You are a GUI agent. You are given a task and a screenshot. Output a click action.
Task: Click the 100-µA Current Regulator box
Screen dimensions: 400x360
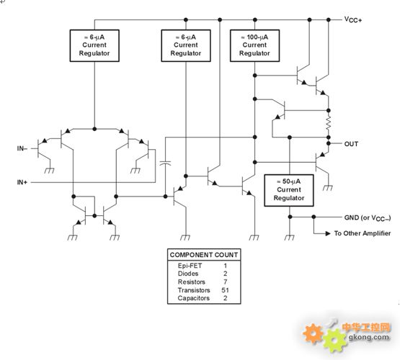(254, 45)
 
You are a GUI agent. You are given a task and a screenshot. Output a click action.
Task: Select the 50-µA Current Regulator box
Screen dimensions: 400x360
(289, 190)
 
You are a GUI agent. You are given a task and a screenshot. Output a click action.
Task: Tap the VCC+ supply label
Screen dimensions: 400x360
(353, 19)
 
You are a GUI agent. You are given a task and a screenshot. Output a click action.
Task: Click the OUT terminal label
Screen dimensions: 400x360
(351, 144)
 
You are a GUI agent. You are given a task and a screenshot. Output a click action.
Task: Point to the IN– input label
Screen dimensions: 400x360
(22, 148)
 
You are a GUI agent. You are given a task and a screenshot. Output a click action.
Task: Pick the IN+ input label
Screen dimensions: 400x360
(22, 182)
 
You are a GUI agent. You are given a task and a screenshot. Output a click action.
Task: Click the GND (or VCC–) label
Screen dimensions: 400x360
(368, 218)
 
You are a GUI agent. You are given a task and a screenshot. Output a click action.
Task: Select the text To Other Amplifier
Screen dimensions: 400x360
(363, 233)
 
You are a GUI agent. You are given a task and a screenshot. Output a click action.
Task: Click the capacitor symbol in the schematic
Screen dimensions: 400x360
(165, 163)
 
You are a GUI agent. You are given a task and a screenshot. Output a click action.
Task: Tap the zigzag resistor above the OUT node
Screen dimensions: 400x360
(329, 124)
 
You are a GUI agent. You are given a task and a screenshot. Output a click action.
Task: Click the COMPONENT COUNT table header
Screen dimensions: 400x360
(204, 255)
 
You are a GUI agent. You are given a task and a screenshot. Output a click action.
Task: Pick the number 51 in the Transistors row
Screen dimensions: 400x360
(225, 290)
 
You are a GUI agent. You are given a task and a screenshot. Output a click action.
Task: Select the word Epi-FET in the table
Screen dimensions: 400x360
(190, 266)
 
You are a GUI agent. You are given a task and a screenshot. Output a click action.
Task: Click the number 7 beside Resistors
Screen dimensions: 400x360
(226, 282)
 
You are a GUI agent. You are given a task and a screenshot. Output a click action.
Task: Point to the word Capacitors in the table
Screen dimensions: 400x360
(194, 298)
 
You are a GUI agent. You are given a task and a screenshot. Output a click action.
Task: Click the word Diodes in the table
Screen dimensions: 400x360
(188, 274)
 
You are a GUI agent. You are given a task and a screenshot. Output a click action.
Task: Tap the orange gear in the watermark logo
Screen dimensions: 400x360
(313, 333)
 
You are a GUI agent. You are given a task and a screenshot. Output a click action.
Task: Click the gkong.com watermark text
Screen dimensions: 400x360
(369, 338)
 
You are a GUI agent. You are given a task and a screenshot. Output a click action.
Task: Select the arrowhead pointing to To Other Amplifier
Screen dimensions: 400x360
(328, 233)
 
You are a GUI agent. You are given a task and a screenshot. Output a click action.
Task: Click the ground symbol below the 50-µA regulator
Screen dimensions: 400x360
(289, 238)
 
